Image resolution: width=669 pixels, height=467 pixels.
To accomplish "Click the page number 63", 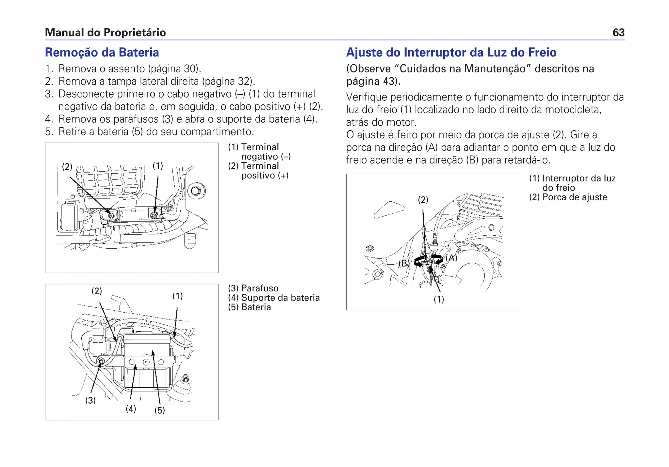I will (x=618, y=33).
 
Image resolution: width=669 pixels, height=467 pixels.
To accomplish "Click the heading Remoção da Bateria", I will (x=102, y=53).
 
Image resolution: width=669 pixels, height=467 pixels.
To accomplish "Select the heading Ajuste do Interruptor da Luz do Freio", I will (x=451, y=53).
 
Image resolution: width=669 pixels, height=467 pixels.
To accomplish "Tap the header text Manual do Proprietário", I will (x=105, y=33).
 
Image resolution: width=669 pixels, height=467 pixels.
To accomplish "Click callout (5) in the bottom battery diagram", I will (x=159, y=410).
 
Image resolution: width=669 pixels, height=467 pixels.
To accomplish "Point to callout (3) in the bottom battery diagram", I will (x=90, y=400).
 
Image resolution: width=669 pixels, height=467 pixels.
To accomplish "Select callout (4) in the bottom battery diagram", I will (x=131, y=409).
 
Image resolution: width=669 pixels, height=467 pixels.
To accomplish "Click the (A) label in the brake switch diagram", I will (x=452, y=258).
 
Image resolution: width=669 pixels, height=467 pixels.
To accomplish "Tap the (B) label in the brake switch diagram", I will (x=404, y=263).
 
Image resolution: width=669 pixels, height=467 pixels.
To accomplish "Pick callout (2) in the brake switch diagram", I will (x=423, y=200).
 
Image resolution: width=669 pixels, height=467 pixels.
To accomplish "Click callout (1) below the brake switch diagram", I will (x=439, y=299).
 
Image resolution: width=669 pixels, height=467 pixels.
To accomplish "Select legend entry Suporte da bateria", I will (x=280, y=298).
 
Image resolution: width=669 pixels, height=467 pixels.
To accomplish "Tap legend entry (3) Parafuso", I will (x=253, y=288).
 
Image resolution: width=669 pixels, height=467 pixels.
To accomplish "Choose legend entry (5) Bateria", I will (x=250, y=307).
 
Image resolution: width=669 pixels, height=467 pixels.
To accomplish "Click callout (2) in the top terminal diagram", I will (x=67, y=166).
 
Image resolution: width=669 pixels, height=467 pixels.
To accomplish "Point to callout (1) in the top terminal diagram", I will (x=158, y=166).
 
